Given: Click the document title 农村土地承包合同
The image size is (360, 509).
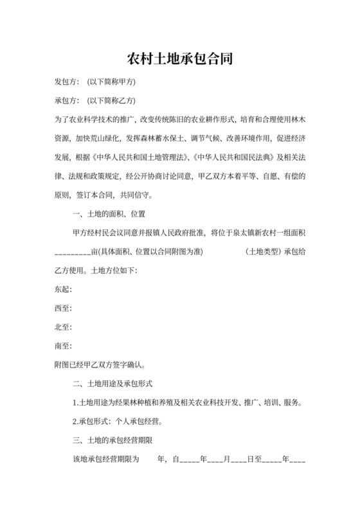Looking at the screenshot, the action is [179, 59].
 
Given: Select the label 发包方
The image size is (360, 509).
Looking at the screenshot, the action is [66, 83].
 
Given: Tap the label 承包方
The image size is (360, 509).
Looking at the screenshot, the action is [66, 101].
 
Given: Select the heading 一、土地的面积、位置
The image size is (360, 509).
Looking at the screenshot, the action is [111, 214].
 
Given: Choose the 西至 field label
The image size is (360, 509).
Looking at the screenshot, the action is [64, 308].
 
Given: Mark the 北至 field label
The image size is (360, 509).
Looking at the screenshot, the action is [64, 327].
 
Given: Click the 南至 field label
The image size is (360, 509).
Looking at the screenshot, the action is [64, 346].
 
